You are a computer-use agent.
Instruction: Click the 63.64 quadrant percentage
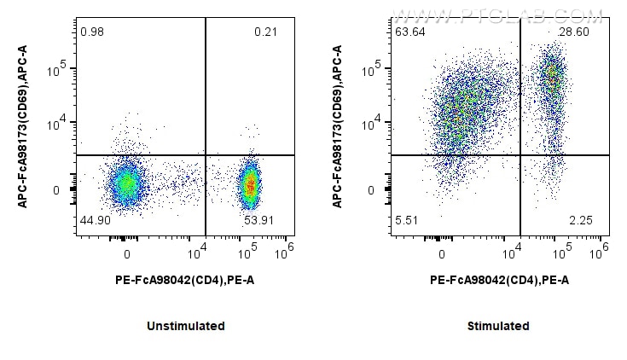click(409, 32)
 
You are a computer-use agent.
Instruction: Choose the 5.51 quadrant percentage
click(406, 220)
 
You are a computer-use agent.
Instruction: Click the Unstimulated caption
click(185, 326)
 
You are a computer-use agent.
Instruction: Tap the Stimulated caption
click(498, 326)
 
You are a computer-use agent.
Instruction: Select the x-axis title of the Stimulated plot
click(498, 279)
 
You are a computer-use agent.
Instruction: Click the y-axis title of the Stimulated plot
click(337, 126)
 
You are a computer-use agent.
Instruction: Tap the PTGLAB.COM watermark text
click(496, 15)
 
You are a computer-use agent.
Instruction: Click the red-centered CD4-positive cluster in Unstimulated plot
click(250, 183)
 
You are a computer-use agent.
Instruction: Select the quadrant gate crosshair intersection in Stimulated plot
click(520, 154)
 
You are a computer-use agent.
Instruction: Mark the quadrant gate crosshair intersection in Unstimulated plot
click(206, 154)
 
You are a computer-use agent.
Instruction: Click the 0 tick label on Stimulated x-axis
click(442, 254)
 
